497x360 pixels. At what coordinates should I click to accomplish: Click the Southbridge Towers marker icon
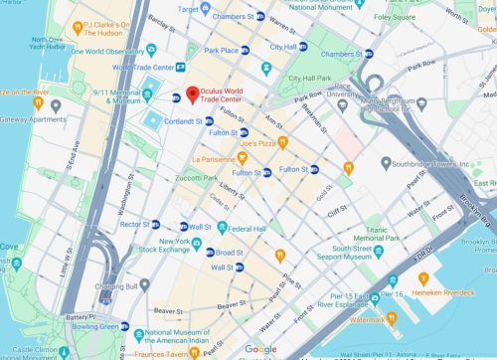pos(386,162)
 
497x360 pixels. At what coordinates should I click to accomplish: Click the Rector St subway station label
pos(132,224)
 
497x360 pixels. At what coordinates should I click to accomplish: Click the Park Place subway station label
pos(222,49)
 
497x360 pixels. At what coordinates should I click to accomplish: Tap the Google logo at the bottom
pos(260,349)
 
